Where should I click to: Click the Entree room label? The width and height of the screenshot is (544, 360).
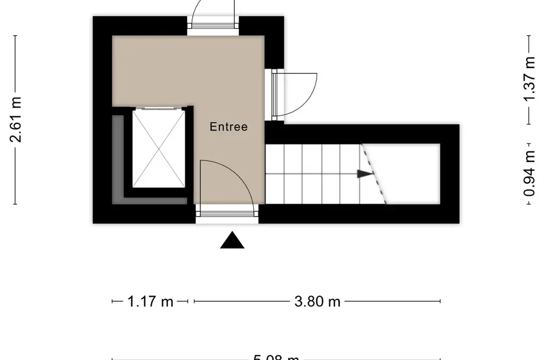click(x=229, y=127)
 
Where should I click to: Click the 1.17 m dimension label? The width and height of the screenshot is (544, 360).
click(x=150, y=301)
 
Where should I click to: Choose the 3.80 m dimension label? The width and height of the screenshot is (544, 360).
click(x=317, y=301)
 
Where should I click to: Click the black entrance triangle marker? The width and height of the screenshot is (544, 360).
click(x=232, y=241)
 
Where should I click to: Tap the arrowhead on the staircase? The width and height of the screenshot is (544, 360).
click(x=364, y=173)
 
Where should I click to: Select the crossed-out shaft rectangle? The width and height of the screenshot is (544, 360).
click(x=159, y=149)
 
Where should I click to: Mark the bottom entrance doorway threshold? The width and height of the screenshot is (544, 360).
click(x=227, y=215)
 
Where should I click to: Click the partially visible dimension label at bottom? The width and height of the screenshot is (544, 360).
click(x=276, y=357)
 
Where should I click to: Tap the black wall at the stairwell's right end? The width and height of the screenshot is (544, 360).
click(x=450, y=173)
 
